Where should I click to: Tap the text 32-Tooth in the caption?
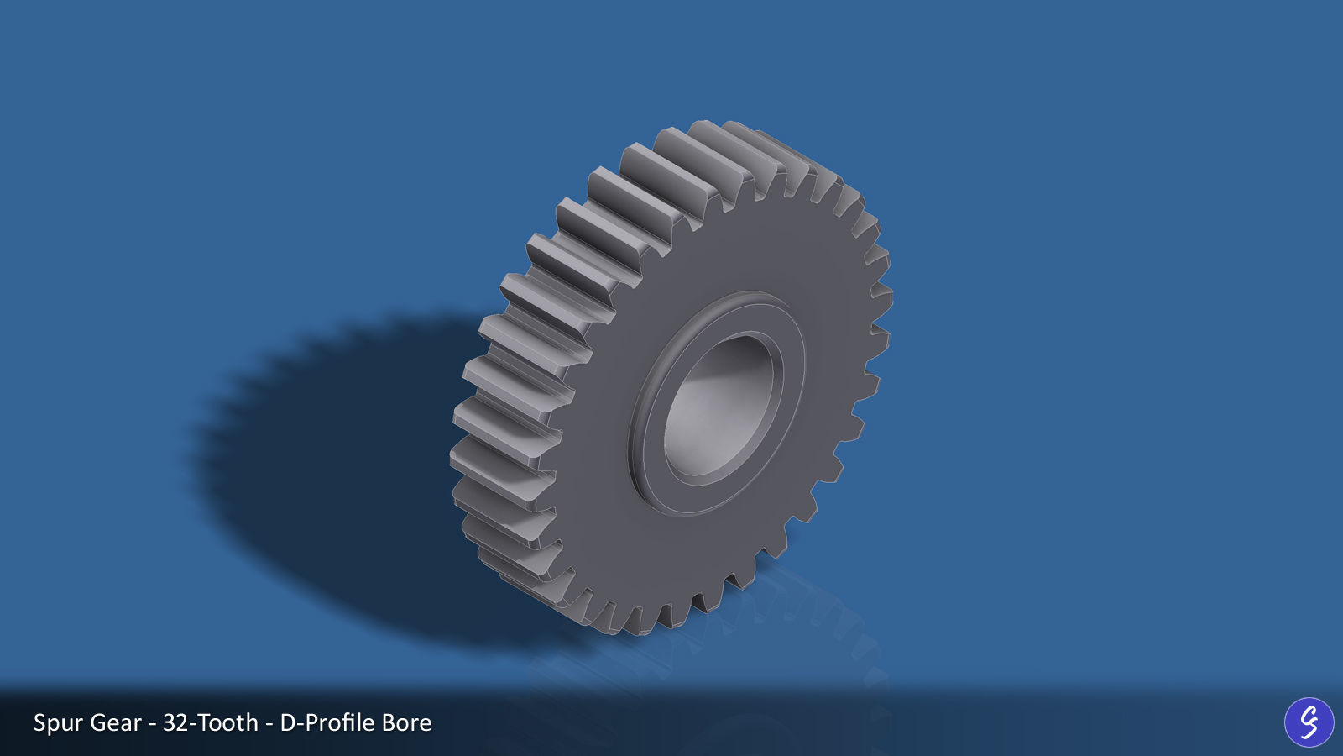210,723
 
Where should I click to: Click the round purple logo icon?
1309,722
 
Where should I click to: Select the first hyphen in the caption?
152,724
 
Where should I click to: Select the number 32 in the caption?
175,723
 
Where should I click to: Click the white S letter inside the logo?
1309,722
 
